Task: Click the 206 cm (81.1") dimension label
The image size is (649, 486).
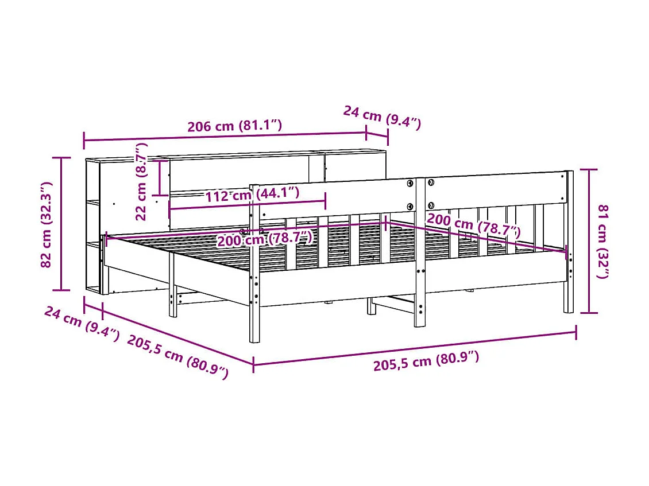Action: tap(234, 126)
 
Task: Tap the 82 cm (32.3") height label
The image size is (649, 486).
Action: tap(47, 224)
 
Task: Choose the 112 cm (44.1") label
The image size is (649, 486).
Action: tap(252, 194)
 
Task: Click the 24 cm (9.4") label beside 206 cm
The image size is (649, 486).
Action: tap(382, 117)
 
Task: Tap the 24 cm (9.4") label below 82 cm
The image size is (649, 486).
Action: tap(81, 324)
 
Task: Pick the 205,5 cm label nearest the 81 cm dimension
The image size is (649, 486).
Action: tap(426, 361)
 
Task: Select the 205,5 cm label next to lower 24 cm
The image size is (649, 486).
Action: tap(177, 356)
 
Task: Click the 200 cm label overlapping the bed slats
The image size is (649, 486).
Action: tap(264, 238)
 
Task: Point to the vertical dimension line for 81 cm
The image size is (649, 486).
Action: tap(589, 241)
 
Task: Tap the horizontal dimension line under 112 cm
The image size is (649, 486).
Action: tap(247, 204)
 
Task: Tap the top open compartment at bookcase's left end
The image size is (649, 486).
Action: tap(93, 180)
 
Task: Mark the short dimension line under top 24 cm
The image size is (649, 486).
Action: tap(377, 136)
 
